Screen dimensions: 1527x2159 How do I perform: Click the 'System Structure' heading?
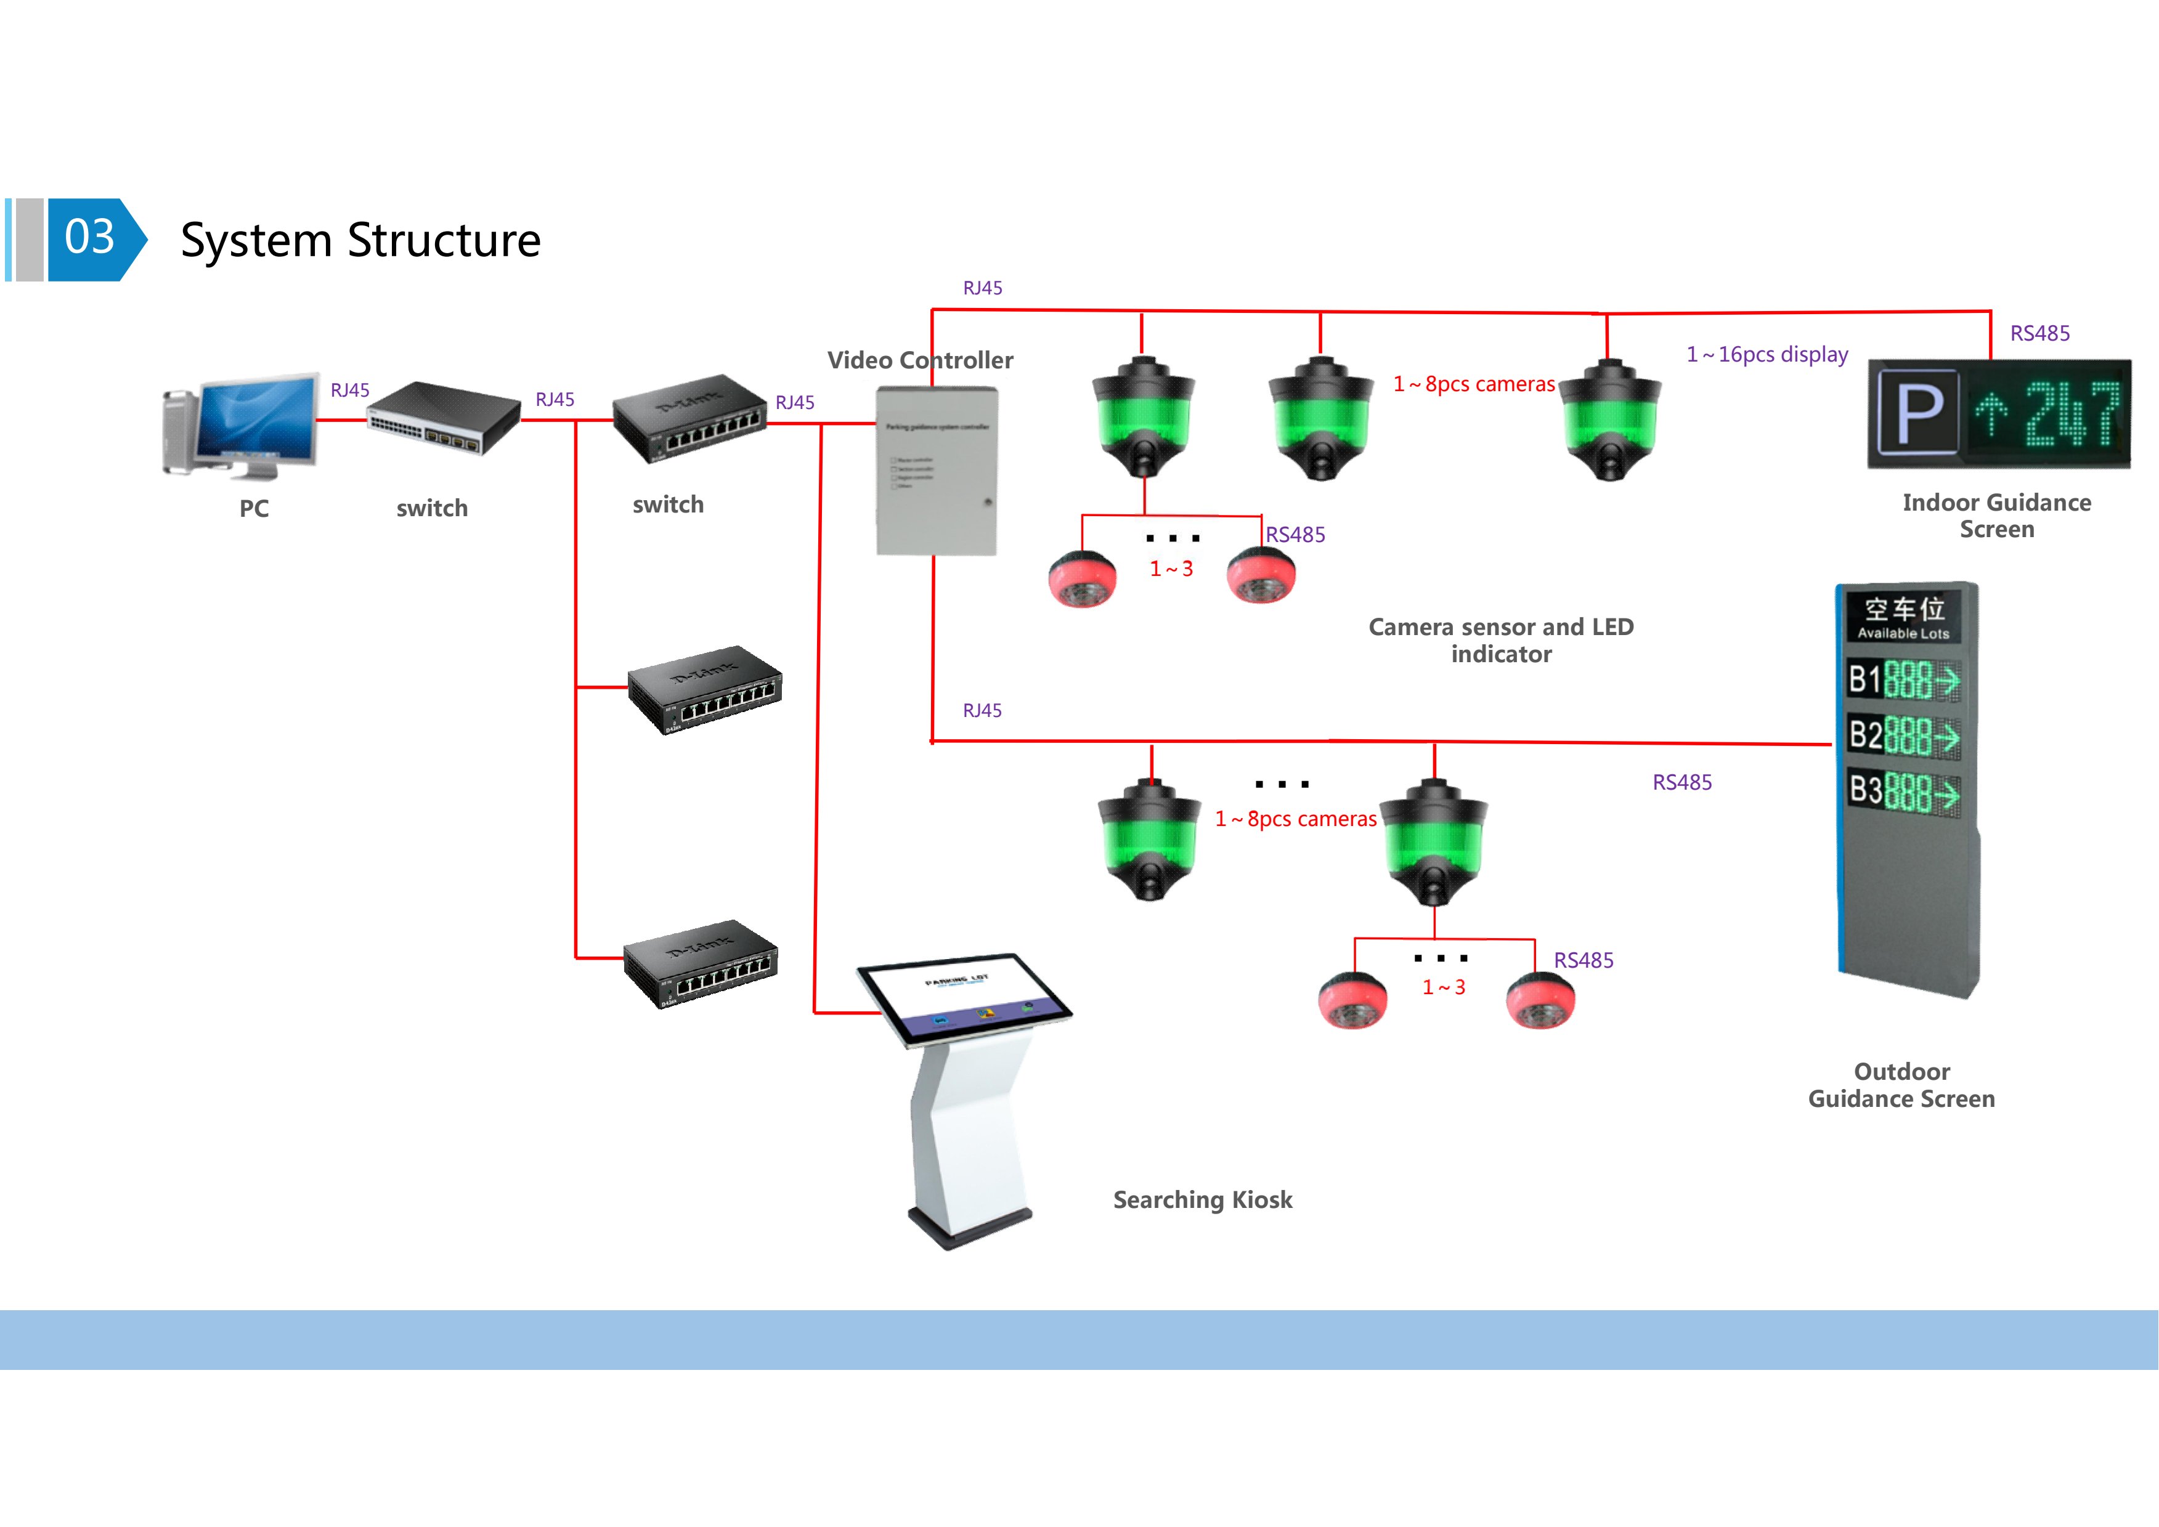360,241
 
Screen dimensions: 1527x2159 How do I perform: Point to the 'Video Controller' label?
920,360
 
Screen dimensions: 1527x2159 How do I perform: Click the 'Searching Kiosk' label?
1203,1200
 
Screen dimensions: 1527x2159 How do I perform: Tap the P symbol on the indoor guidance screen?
1918,414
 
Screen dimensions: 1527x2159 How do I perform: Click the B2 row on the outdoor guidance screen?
1903,735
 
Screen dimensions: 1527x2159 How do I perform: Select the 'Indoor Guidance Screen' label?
1996,516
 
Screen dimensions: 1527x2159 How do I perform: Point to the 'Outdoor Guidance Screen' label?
1901,1085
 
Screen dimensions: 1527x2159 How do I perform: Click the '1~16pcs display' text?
1767,354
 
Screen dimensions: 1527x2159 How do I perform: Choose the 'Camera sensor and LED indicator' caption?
1501,641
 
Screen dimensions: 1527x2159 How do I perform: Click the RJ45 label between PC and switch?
350,390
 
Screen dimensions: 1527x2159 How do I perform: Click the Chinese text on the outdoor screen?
1904,609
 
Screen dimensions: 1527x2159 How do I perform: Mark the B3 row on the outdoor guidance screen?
1903,791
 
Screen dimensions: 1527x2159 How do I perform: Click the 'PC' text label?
254,509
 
